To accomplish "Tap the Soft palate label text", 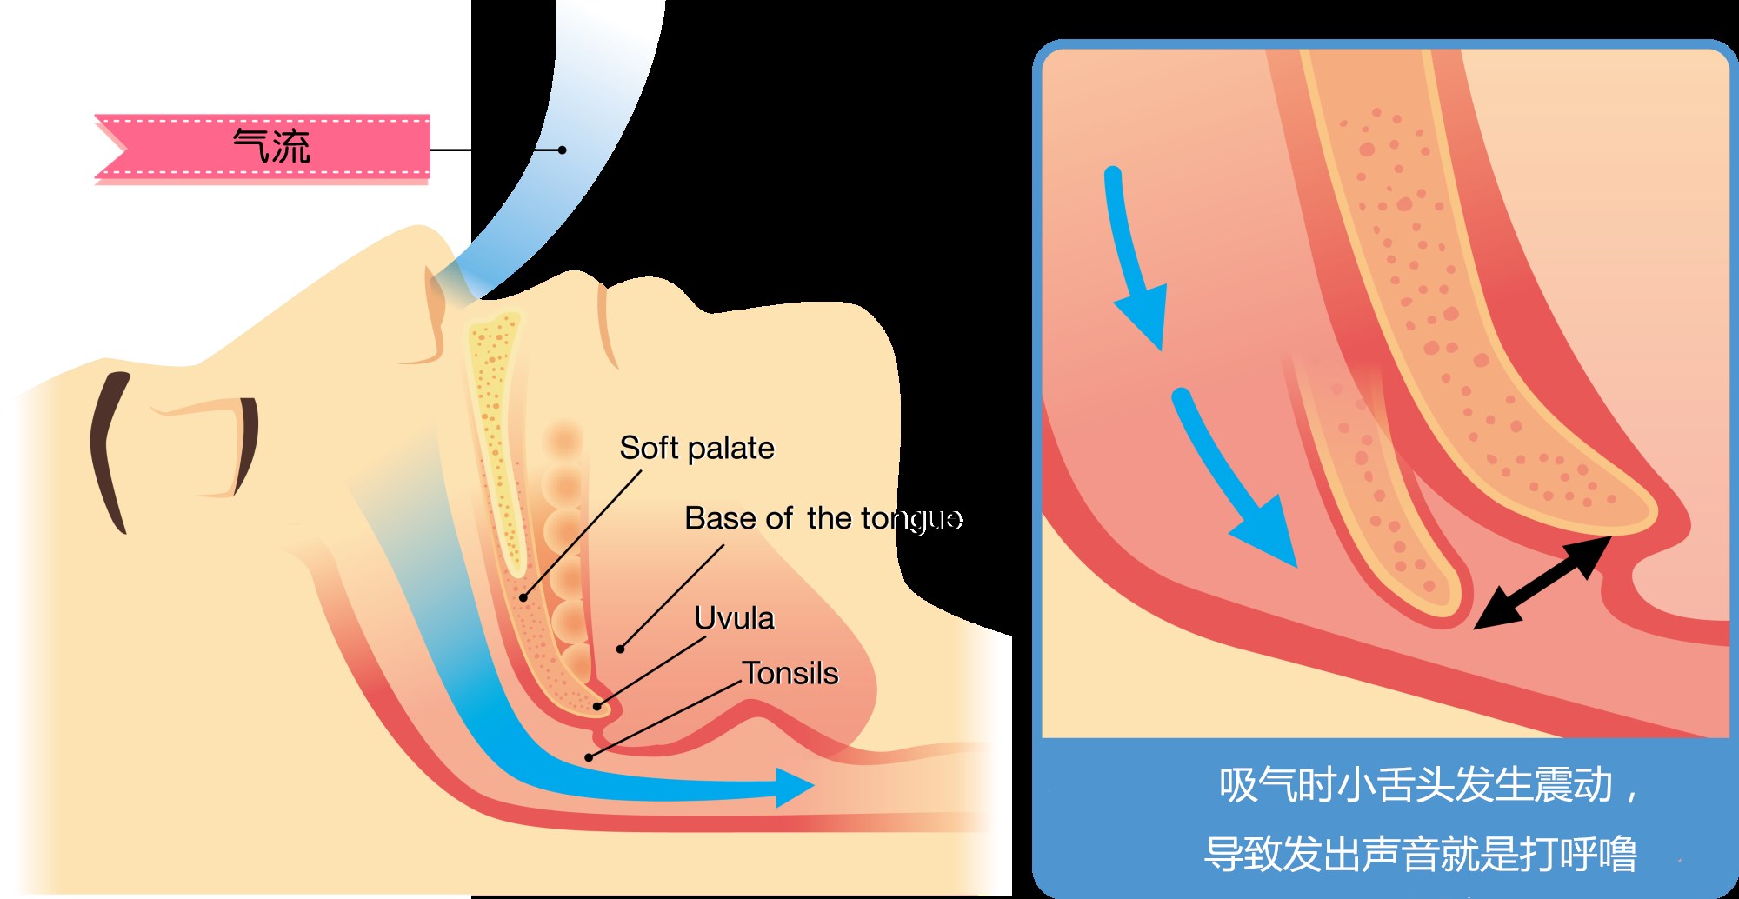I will click(696, 449).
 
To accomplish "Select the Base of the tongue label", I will click(822, 519).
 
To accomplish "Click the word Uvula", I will click(734, 618).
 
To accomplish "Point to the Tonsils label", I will click(790, 674).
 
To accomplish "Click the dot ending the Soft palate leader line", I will click(523, 597).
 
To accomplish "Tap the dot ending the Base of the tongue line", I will click(620, 649).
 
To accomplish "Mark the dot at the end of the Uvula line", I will click(597, 706).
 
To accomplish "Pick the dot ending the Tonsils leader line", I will click(589, 757).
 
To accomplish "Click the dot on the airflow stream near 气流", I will click(563, 150).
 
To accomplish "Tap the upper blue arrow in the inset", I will click(1134, 261).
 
